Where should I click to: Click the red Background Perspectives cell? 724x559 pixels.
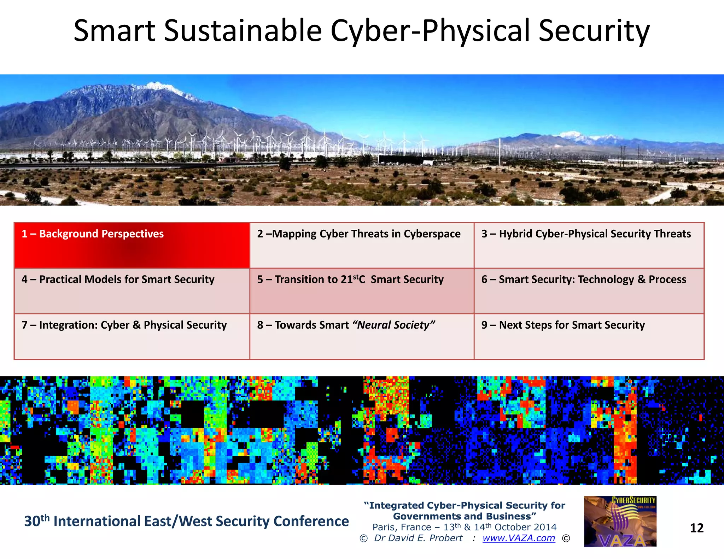tap(132, 245)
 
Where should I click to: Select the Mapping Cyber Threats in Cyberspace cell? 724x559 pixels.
tap(361, 245)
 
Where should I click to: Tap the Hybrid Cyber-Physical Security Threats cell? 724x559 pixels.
tap(589, 245)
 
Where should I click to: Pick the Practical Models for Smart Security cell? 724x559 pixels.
tap(132, 290)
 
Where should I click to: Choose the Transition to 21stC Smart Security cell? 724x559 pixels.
tap(361, 290)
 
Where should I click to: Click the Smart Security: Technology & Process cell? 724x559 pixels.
tap(589, 290)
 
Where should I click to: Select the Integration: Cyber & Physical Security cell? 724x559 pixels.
tap(132, 336)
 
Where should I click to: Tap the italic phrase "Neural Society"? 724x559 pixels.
tap(394, 325)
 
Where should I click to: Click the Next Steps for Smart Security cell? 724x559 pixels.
tap(589, 336)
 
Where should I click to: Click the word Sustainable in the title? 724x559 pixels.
tap(243, 31)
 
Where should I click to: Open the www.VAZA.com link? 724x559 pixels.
tap(519, 538)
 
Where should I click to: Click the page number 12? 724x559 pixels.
tap(696, 528)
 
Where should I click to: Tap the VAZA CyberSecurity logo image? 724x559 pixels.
tap(620, 522)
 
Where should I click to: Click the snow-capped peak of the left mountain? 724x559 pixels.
tap(157, 86)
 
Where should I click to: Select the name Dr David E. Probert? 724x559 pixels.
tap(418, 538)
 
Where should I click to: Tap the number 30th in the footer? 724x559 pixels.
tap(36, 521)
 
